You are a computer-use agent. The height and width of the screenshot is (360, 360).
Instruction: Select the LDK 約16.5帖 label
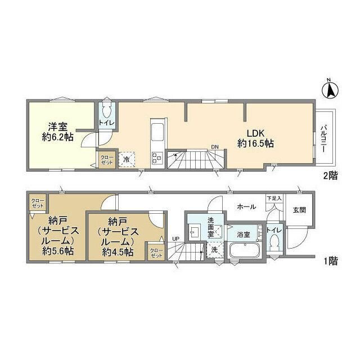(x=254, y=138)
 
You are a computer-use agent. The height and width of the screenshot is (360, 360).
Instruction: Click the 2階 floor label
(x=330, y=175)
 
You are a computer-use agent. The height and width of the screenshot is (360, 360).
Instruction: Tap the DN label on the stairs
(x=215, y=148)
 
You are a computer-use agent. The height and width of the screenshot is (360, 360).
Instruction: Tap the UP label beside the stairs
(x=175, y=239)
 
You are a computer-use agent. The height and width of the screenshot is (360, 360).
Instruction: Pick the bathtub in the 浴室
(x=244, y=251)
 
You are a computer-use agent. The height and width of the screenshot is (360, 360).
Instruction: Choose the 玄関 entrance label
(x=299, y=210)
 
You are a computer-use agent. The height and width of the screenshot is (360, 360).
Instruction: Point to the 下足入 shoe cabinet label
(x=273, y=199)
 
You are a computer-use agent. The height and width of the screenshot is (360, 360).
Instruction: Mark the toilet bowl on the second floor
(x=107, y=111)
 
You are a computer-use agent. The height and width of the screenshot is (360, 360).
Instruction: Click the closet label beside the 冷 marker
(x=106, y=159)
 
